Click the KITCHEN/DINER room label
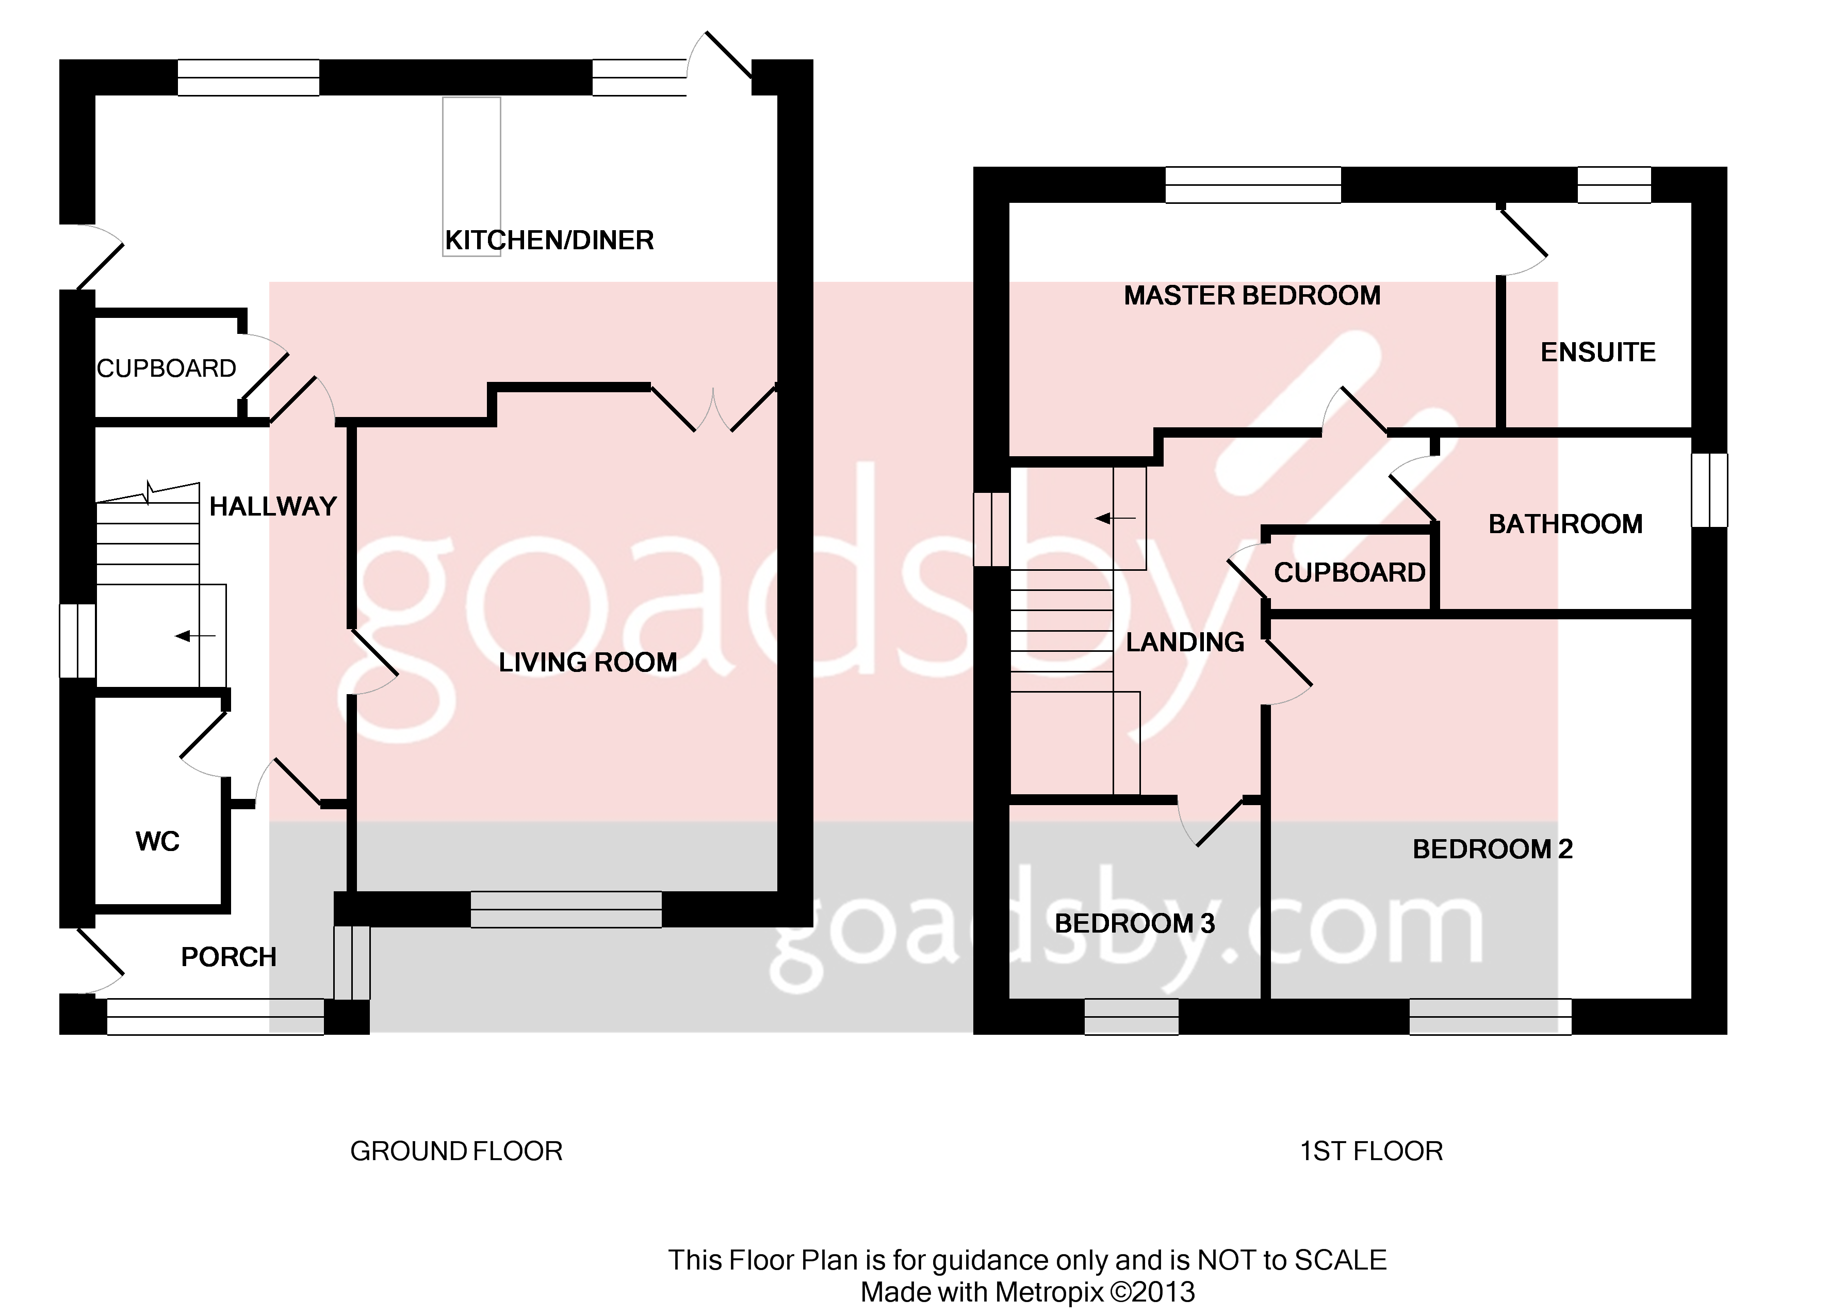pos(549,240)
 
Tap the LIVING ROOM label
pos(587,663)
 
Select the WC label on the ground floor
pos(157,842)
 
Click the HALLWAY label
pos(272,506)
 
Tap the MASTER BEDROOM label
pos(1252,296)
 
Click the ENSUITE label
pos(1597,352)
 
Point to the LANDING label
pos(1185,643)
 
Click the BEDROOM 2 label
pos(1493,849)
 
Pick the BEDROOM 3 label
pos(1134,923)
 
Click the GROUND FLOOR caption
pos(456,1151)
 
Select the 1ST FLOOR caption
pos(1371,1151)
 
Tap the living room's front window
pos(566,909)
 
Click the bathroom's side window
pos(1709,490)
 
